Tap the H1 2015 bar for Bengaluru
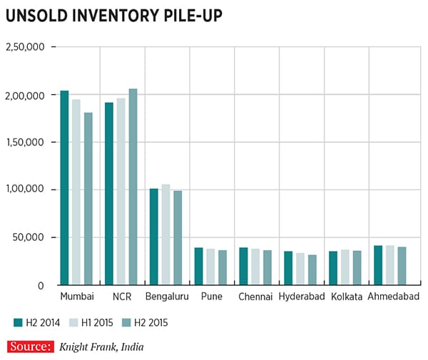(x=165, y=235)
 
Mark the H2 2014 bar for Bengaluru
(x=153, y=237)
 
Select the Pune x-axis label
(x=210, y=296)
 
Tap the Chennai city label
(x=255, y=296)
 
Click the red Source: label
(x=31, y=346)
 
